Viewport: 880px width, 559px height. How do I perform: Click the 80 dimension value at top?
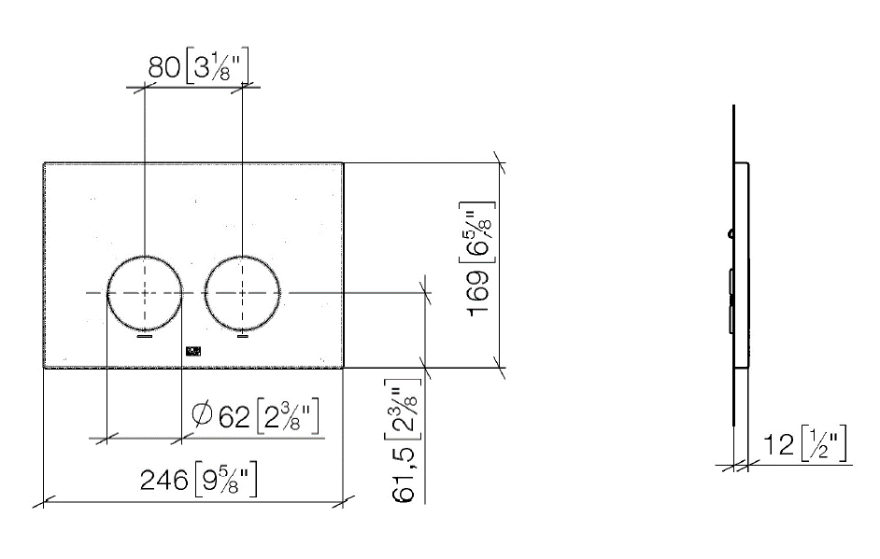(163, 67)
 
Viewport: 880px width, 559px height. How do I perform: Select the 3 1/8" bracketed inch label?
(216, 66)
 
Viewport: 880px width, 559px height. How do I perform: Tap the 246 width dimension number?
(163, 481)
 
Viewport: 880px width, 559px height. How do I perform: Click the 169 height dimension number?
(478, 294)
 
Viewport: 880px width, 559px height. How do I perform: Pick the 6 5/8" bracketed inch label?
(477, 232)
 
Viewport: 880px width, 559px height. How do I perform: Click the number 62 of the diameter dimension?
(234, 416)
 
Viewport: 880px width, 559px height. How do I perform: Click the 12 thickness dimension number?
(778, 445)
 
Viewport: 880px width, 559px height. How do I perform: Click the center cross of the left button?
(146, 293)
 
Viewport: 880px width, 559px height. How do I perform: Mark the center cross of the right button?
(243, 293)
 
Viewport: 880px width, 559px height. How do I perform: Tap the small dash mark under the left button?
(146, 337)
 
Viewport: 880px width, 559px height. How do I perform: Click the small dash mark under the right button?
(243, 336)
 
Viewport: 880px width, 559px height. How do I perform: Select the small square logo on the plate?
(192, 351)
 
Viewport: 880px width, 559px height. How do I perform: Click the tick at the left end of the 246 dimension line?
(44, 501)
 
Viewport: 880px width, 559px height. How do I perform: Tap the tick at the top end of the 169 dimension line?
(500, 162)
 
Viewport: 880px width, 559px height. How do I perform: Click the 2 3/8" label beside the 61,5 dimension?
(403, 405)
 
